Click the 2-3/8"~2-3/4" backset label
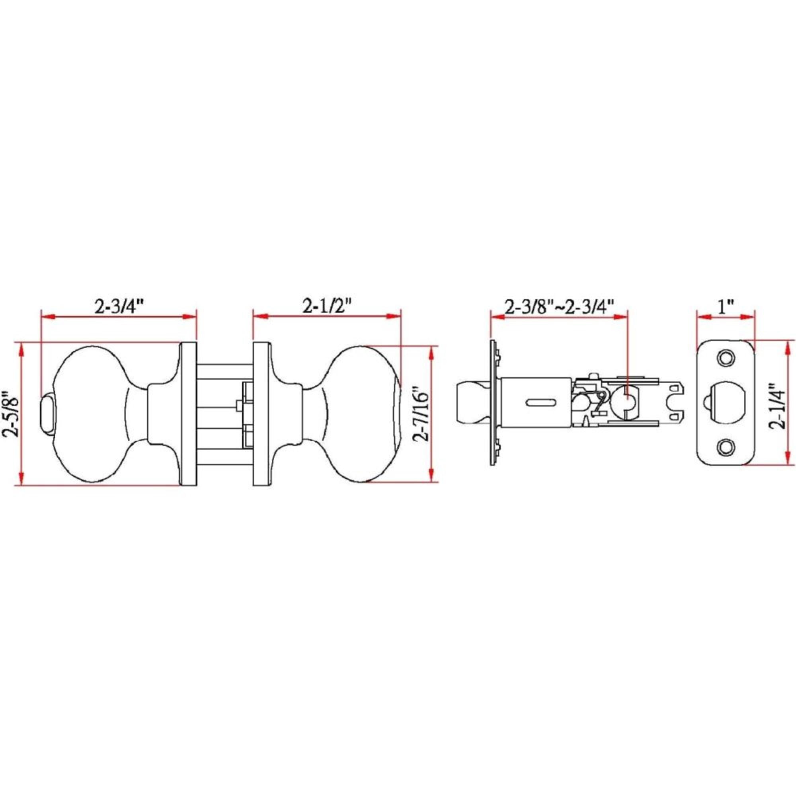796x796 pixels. pos(560,307)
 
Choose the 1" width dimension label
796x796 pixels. pos(726,307)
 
